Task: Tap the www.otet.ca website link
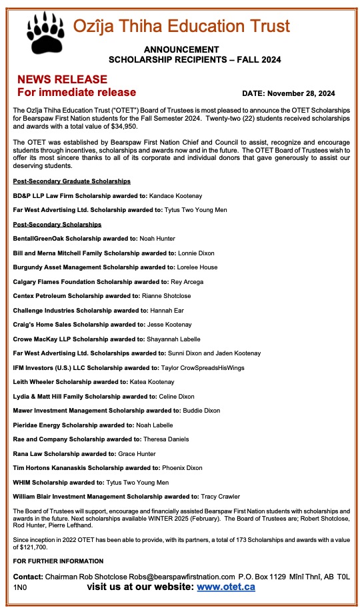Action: [x=226, y=587]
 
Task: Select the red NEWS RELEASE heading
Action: [x=62, y=79]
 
